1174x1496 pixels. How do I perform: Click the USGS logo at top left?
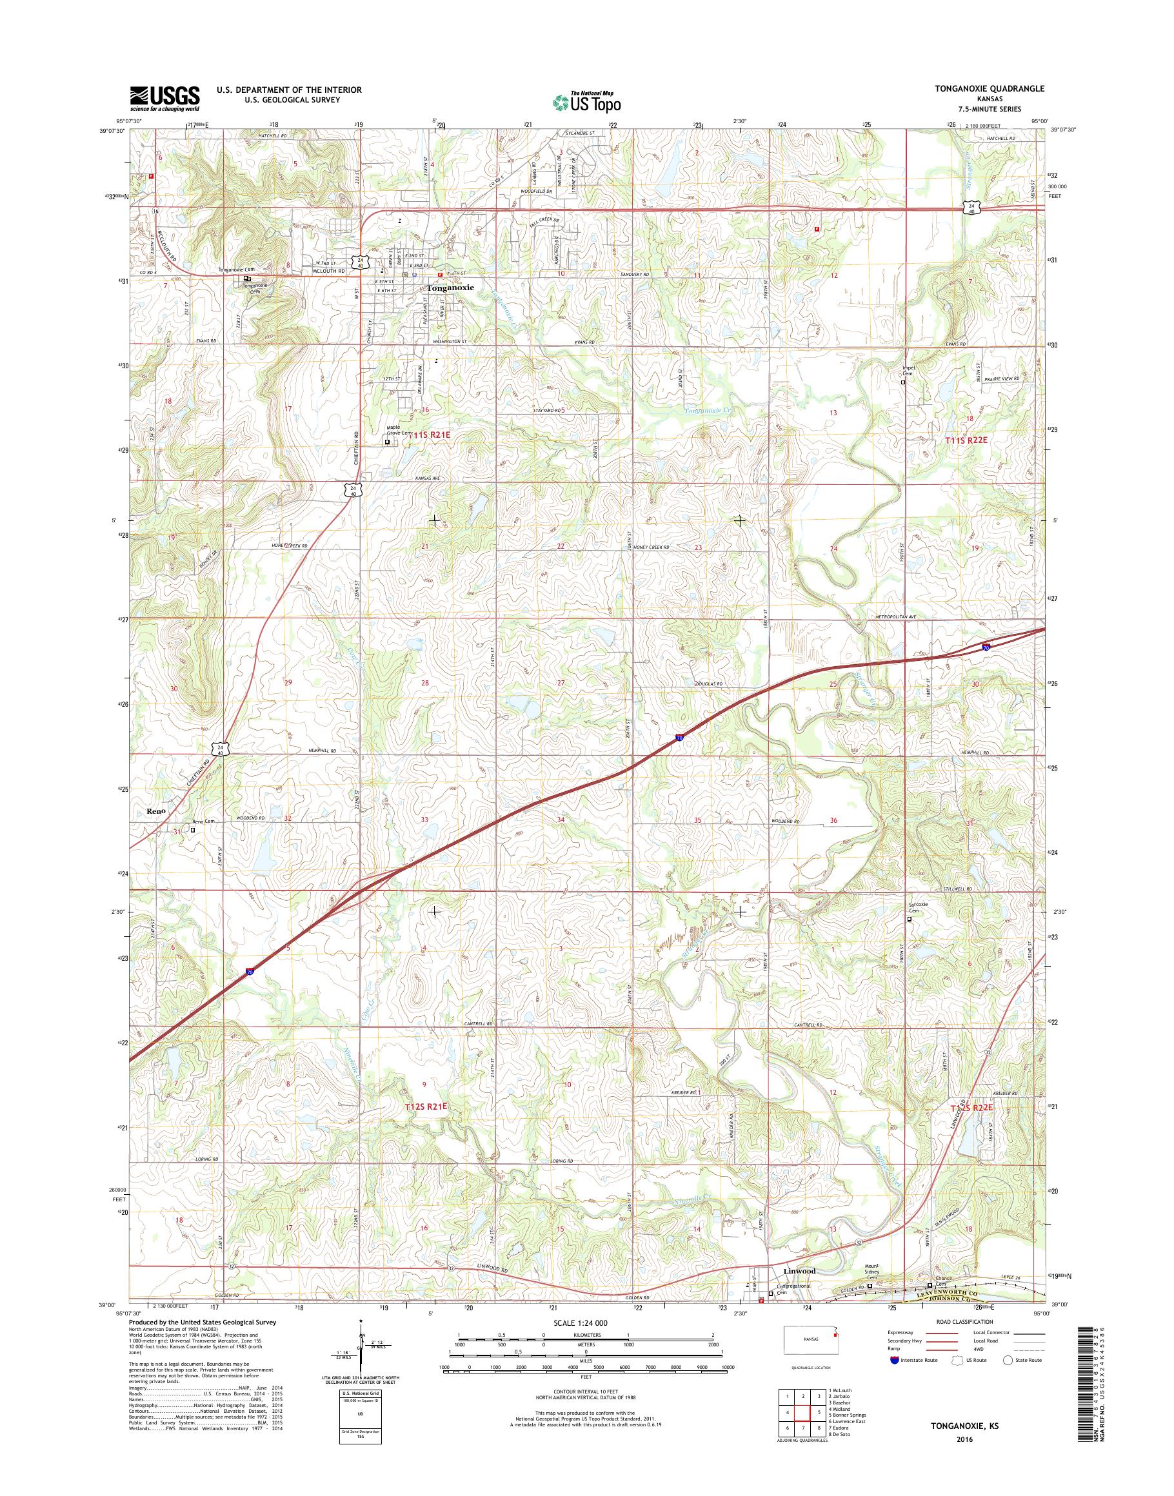pos(165,99)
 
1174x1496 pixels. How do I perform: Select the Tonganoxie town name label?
pos(450,289)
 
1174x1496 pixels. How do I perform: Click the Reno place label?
pos(156,811)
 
